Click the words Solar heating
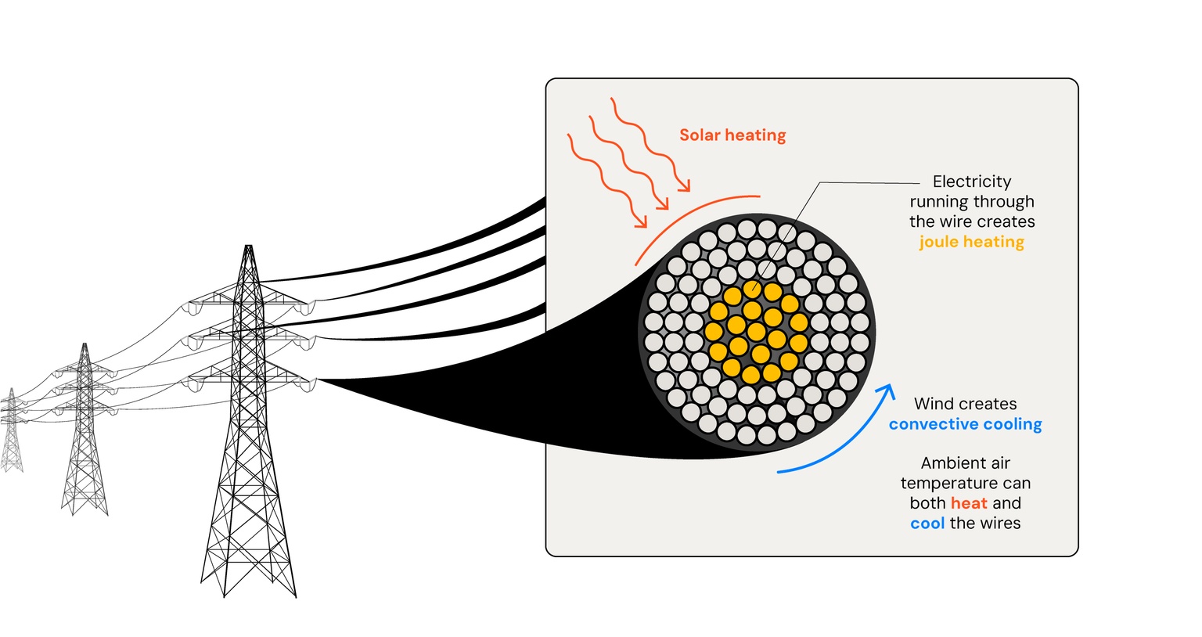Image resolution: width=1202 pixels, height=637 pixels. click(x=732, y=135)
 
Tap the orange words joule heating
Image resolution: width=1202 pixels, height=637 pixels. click(x=971, y=242)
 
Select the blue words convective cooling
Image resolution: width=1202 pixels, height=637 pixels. click(x=965, y=424)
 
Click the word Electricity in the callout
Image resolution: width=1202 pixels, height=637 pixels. click(x=972, y=182)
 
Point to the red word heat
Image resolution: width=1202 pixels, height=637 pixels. click(x=969, y=503)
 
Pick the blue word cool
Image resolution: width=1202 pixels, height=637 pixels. click(x=927, y=524)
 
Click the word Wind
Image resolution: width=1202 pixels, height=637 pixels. click(x=934, y=404)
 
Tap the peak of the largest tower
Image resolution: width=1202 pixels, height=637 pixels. click(x=249, y=247)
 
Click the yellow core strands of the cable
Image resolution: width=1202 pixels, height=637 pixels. click(x=755, y=333)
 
